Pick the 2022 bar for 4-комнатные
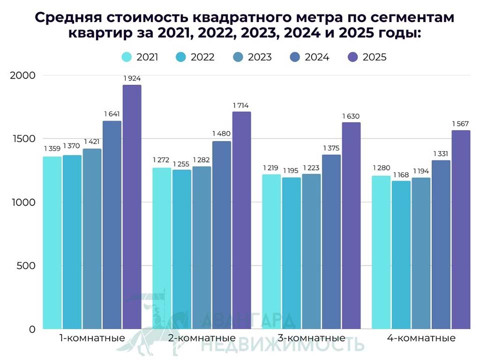point(401,255)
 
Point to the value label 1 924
point(131,78)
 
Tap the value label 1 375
point(331,148)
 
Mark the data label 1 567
point(460,123)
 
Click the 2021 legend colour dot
point(127,57)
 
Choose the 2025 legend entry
point(367,57)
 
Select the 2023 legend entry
point(252,57)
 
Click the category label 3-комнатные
point(311,338)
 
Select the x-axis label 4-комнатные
point(421,338)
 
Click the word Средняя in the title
point(66,17)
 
